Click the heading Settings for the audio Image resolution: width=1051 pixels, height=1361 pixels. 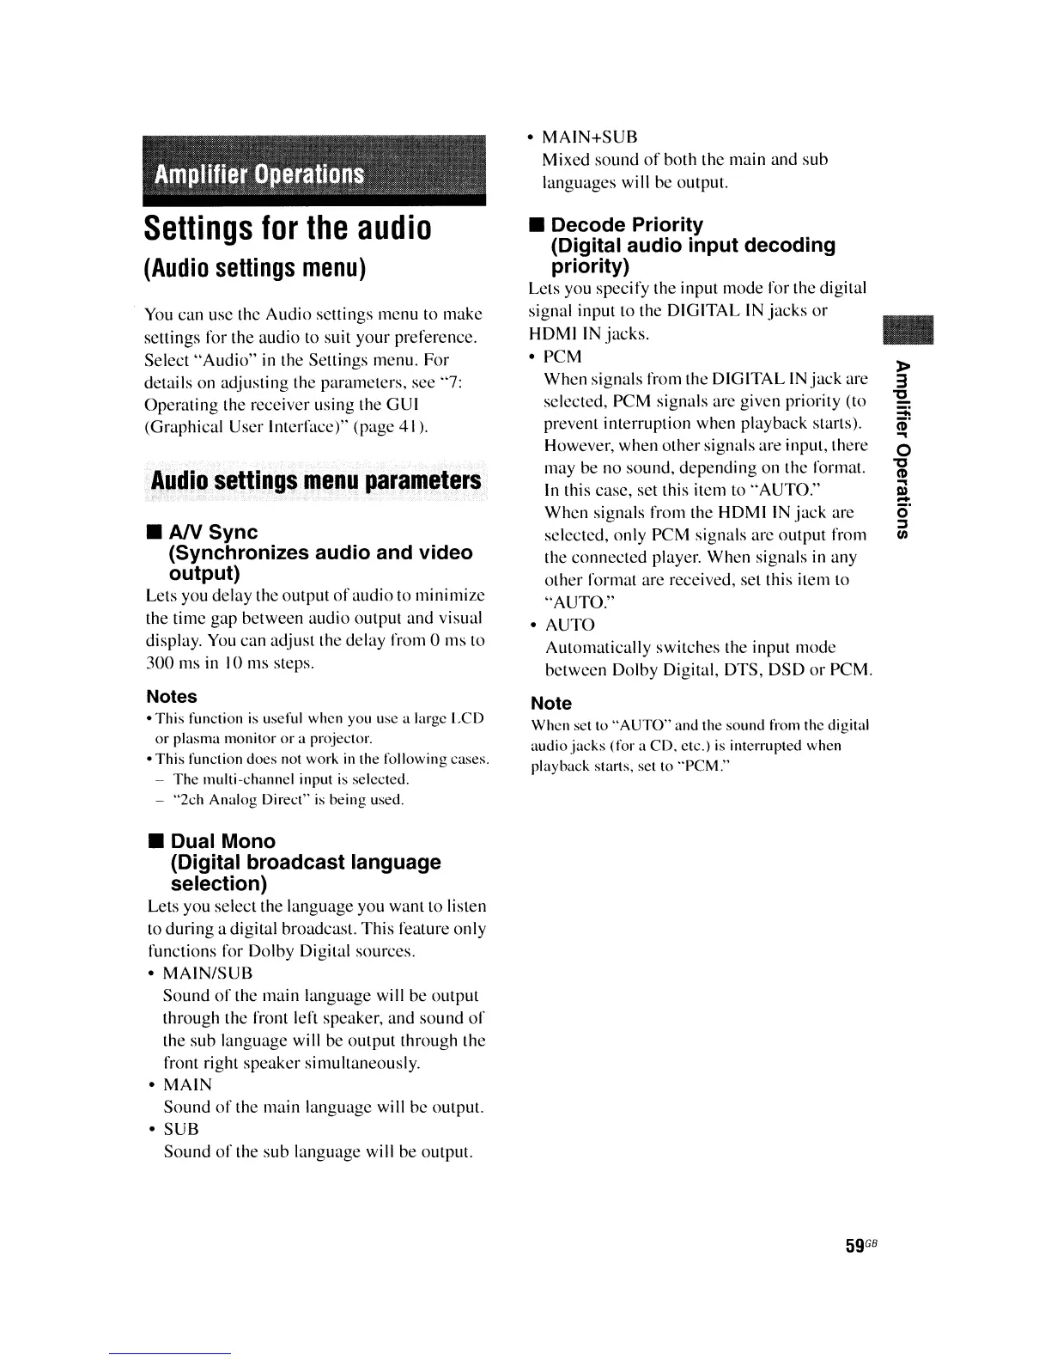(x=286, y=229)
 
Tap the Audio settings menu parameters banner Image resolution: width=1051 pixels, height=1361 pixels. (x=314, y=479)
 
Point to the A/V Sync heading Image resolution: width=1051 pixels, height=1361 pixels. (x=214, y=532)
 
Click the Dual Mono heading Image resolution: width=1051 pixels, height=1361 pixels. (x=223, y=841)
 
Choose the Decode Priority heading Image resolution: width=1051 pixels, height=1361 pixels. (x=626, y=225)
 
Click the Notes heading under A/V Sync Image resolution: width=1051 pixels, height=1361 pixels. (x=172, y=697)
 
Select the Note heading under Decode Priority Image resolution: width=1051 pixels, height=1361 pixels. (x=551, y=704)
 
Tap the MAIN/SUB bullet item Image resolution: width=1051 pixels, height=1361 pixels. (x=208, y=973)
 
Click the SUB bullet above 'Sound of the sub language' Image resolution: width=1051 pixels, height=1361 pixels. (x=181, y=1129)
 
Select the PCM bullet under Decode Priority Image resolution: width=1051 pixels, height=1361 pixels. (x=563, y=357)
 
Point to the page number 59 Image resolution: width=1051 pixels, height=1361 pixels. (x=854, y=1246)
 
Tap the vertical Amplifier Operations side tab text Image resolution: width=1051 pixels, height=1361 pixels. (x=901, y=447)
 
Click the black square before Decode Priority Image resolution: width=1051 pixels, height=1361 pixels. (x=536, y=226)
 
